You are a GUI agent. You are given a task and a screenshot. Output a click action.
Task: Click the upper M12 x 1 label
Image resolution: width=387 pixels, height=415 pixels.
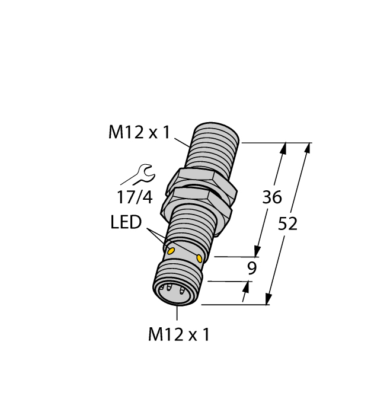pyautogui.click(x=139, y=133)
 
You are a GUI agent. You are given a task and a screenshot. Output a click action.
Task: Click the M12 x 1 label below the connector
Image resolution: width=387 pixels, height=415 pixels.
pyautogui.click(x=178, y=335)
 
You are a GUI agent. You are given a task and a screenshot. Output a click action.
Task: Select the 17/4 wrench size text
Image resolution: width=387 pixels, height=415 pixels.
pyautogui.click(x=135, y=196)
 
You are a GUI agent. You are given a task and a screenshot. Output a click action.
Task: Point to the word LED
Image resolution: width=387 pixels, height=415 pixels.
pyautogui.click(x=126, y=223)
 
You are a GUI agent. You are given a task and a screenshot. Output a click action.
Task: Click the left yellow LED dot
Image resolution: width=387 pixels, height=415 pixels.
pyautogui.click(x=171, y=251)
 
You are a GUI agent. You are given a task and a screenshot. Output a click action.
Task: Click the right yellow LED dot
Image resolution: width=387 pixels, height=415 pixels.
pyautogui.click(x=199, y=259)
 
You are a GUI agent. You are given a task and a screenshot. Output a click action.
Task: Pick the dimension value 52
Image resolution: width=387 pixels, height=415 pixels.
pyautogui.click(x=288, y=224)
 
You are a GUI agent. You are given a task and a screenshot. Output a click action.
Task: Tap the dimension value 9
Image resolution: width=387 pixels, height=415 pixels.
pyautogui.click(x=252, y=269)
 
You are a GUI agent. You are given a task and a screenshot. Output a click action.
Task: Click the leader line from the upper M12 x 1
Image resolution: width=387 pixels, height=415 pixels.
pyautogui.click(x=183, y=141)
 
